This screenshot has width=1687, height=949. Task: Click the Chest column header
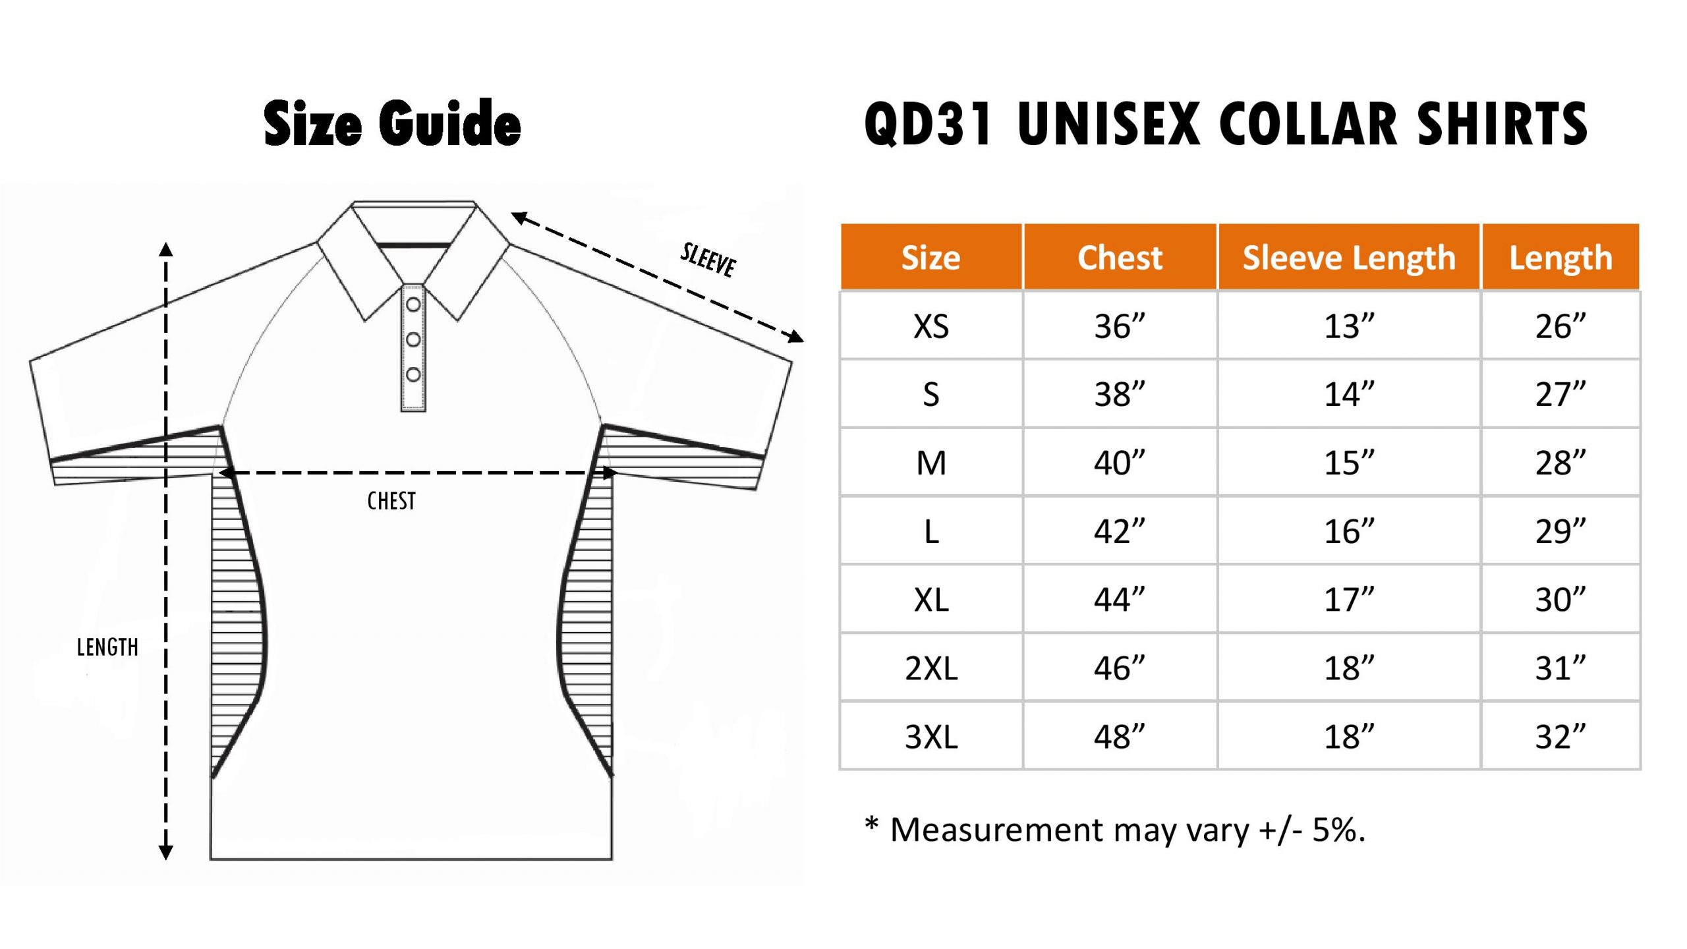1120,258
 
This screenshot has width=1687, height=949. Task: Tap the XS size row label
931,326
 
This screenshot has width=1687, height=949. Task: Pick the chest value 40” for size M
1120,463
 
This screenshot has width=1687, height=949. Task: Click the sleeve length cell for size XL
1349,600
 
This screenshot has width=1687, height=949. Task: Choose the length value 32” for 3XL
1560,737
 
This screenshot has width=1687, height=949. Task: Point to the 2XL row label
931,668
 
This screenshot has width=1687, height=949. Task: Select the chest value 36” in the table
1120,326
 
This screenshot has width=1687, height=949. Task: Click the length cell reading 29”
1560,531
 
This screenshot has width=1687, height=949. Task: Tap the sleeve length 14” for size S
1349,394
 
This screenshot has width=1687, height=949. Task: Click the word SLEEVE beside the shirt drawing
708,260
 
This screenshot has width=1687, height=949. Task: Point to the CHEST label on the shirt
391,502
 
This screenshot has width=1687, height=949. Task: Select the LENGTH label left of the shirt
107,647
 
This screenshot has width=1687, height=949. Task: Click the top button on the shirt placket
413,304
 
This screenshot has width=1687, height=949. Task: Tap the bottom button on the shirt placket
413,374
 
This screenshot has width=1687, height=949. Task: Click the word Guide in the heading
450,123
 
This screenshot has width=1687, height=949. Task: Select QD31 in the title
929,124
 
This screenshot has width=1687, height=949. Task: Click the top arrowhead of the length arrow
166,249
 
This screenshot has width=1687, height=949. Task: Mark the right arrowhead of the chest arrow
610,473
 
